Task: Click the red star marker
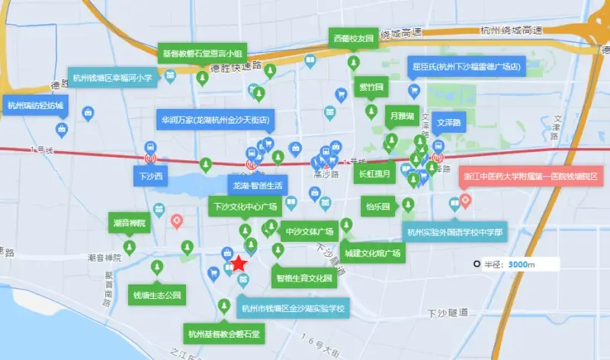pyautogui.click(x=239, y=264)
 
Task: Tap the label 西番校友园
pyautogui.click(x=353, y=38)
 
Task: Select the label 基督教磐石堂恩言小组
pyautogui.click(x=202, y=53)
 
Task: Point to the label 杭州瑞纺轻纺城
pyautogui.click(x=35, y=105)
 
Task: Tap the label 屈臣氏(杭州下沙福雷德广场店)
pyautogui.click(x=465, y=66)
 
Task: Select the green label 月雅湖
pyautogui.click(x=401, y=116)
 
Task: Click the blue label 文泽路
pyautogui.click(x=450, y=121)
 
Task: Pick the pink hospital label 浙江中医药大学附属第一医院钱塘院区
pyautogui.click(x=532, y=175)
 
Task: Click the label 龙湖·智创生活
pyautogui.click(x=258, y=185)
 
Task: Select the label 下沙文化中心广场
pyautogui.click(x=245, y=207)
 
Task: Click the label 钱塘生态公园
pyautogui.click(x=158, y=294)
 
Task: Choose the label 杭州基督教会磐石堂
pyautogui.click(x=224, y=334)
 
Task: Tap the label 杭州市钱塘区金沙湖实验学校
pyautogui.click(x=294, y=309)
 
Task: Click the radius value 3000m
pyautogui.click(x=523, y=265)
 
